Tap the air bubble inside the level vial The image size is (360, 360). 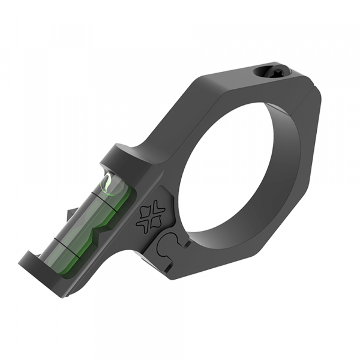click(x=110, y=183)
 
